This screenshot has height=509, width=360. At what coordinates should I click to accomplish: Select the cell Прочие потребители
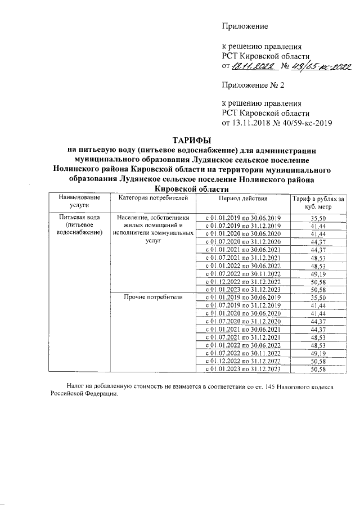click(x=154, y=297)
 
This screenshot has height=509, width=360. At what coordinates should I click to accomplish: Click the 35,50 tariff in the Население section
click(x=318, y=218)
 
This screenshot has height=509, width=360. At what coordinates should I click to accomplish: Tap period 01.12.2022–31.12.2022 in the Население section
click(x=242, y=281)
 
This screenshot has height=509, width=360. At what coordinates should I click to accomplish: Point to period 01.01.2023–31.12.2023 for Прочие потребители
click(x=242, y=369)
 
